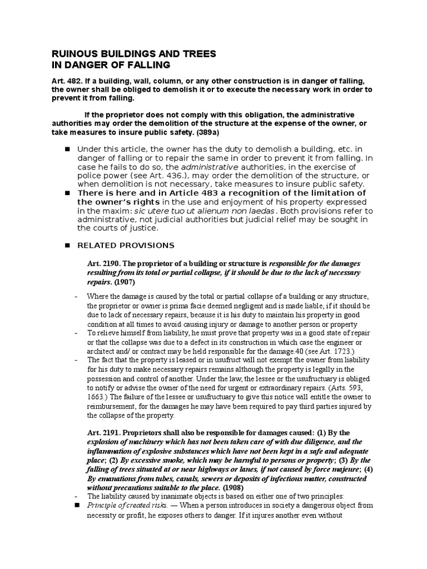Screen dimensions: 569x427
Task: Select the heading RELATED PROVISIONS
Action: coord(126,245)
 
